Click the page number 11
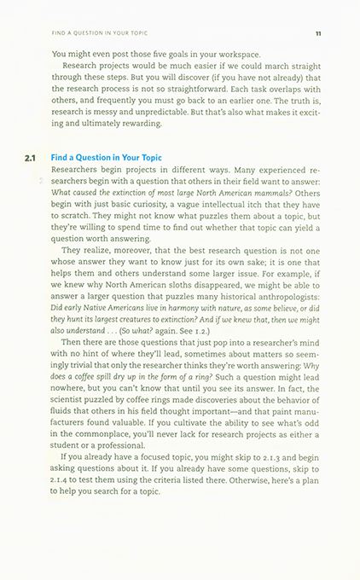click(x=317, y=35)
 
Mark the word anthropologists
click(x=281, y=302)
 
